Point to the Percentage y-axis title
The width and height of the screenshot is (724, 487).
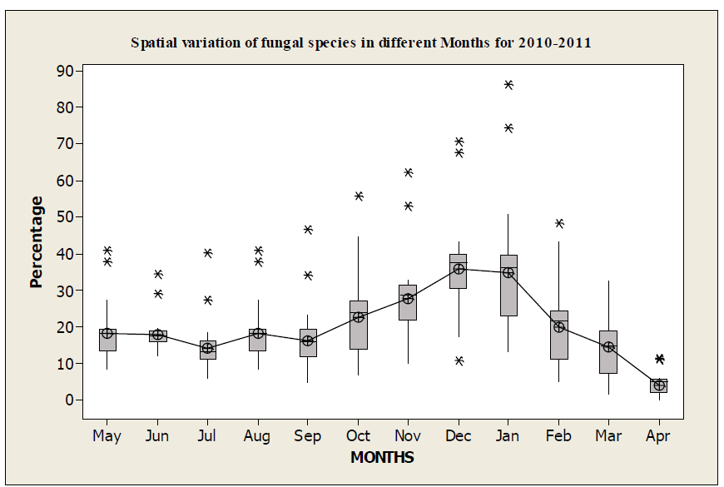[37, 242]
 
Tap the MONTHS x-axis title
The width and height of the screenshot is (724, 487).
[382, 457]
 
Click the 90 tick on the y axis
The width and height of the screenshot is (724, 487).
[64, 71]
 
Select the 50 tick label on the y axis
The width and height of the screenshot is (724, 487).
[64, 217]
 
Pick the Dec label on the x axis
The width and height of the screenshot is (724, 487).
[459, 436]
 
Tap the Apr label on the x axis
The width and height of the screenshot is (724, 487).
[659, 436]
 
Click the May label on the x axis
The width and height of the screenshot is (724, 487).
[107, 436]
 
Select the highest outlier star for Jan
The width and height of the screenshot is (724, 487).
[508, 84]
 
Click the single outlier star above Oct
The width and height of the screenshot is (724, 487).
[359, 196]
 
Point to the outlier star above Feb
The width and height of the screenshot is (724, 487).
[559, 223]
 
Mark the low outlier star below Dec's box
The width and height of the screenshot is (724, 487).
[459, 360]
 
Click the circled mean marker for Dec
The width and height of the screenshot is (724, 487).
[459, 269]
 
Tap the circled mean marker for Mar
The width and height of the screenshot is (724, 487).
[608, 347]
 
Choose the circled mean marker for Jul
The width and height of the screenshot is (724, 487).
[207, 348]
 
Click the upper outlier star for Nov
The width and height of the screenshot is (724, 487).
[409, 172]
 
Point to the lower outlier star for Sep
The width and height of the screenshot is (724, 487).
[308, 275]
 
